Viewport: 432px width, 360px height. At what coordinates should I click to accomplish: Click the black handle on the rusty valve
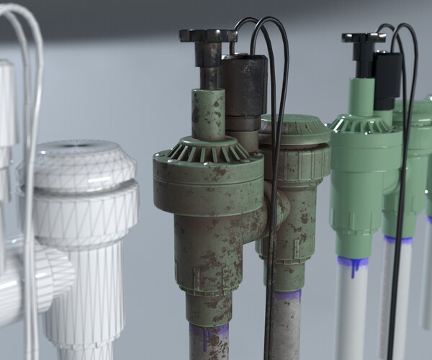pyautogui.click(x=207, y=36)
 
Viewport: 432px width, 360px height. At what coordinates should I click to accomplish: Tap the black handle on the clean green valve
pyautogui.click(x=364, y=37)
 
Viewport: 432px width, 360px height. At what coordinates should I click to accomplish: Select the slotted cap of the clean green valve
pyautogui.click(x=364, y=125)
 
